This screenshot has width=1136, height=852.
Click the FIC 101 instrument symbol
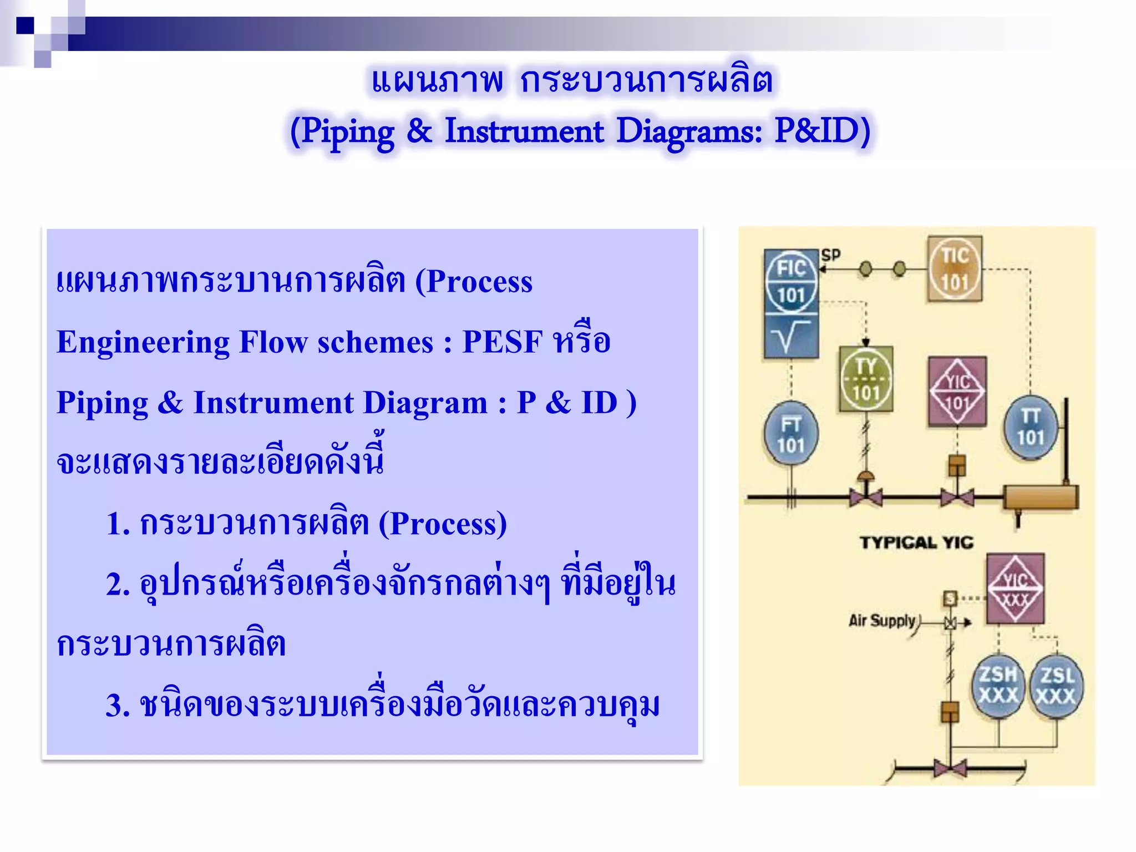click(x=790, y=282)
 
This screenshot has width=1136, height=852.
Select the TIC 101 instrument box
click(x=954, y=269)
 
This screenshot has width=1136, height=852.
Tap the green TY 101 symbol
click(x=866, y=379)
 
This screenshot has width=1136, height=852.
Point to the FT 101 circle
click(x=790, y=433)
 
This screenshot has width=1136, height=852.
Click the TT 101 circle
click(x=1030, y=427)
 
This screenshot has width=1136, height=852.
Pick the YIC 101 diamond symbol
click(x=957, y=392)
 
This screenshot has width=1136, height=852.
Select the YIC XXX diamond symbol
click(x=1015, y=589)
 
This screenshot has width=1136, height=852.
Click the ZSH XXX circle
click(x=998, y=686)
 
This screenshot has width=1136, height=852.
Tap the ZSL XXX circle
click(x=1056, y=687)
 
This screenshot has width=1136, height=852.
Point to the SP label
click(x=830, y=255)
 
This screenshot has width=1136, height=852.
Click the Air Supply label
click(x=882, y=620)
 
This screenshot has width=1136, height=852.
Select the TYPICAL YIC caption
click(x=916, y=542)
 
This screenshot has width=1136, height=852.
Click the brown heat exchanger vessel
click(x=1041, y=497)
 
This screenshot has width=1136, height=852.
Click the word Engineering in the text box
click(x=143, y=342)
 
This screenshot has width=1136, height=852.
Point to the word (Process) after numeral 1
click(x=442, y=524)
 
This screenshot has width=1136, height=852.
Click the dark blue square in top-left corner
click(x=26, y=26)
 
